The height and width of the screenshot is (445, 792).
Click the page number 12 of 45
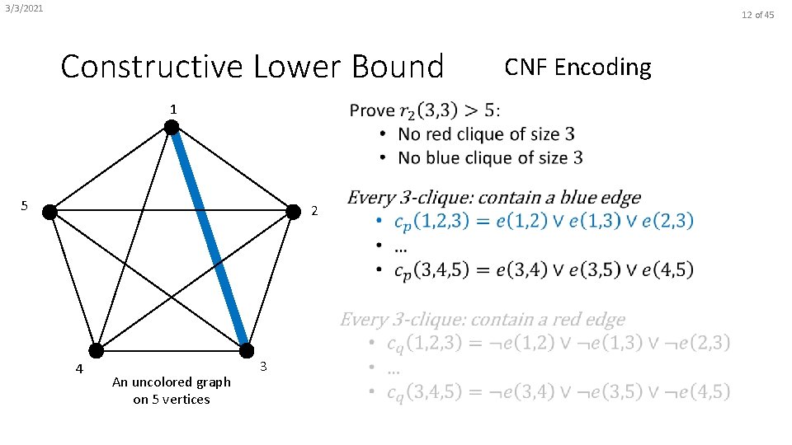(758, 15)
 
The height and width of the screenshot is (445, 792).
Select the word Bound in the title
(401, 66)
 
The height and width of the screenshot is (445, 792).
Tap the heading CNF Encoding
(577, 67)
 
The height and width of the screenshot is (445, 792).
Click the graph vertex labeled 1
(171, 127)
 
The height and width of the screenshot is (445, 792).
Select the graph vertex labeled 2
(293, 212)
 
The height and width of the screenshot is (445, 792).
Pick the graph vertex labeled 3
(246, 352)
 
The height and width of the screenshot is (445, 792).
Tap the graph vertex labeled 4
(97, 352)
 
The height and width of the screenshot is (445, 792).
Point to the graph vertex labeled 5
(49, 212)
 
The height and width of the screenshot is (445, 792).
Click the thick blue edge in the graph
(209, 240)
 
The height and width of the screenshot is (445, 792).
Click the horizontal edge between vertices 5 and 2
(171, 212)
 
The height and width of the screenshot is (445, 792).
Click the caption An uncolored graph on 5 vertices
(172, 391)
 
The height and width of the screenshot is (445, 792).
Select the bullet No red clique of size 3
(486, 134)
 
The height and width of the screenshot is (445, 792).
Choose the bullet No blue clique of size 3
(490, 157)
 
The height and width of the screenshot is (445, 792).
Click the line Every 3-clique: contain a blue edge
(493, 198)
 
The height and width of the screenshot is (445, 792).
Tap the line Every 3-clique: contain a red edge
(483, 320)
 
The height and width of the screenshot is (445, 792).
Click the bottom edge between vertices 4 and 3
(171, 352)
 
